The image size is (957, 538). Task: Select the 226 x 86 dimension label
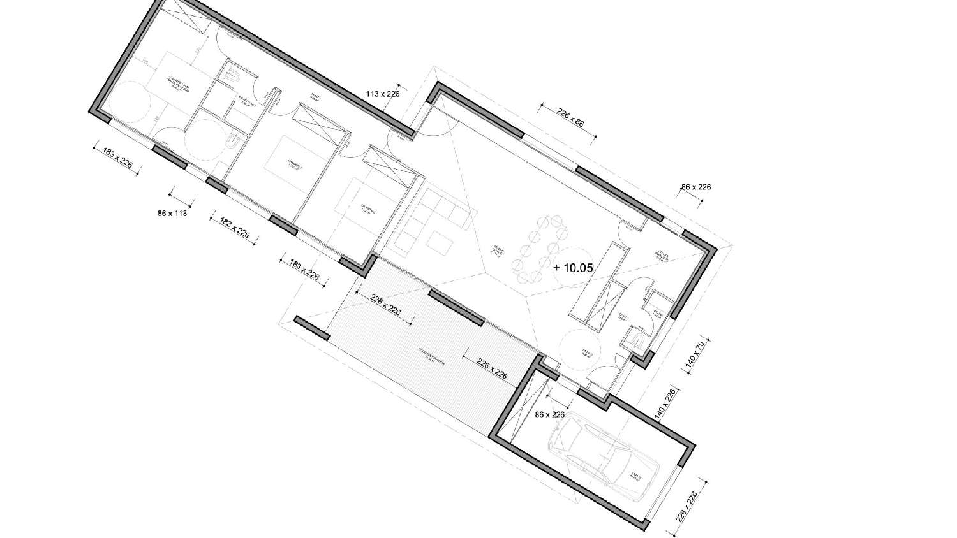point(570,118)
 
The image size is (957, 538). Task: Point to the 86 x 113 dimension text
point(172,214)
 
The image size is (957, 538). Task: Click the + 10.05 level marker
point(573,268)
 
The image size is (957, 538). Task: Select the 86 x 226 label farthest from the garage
point(695,187)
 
